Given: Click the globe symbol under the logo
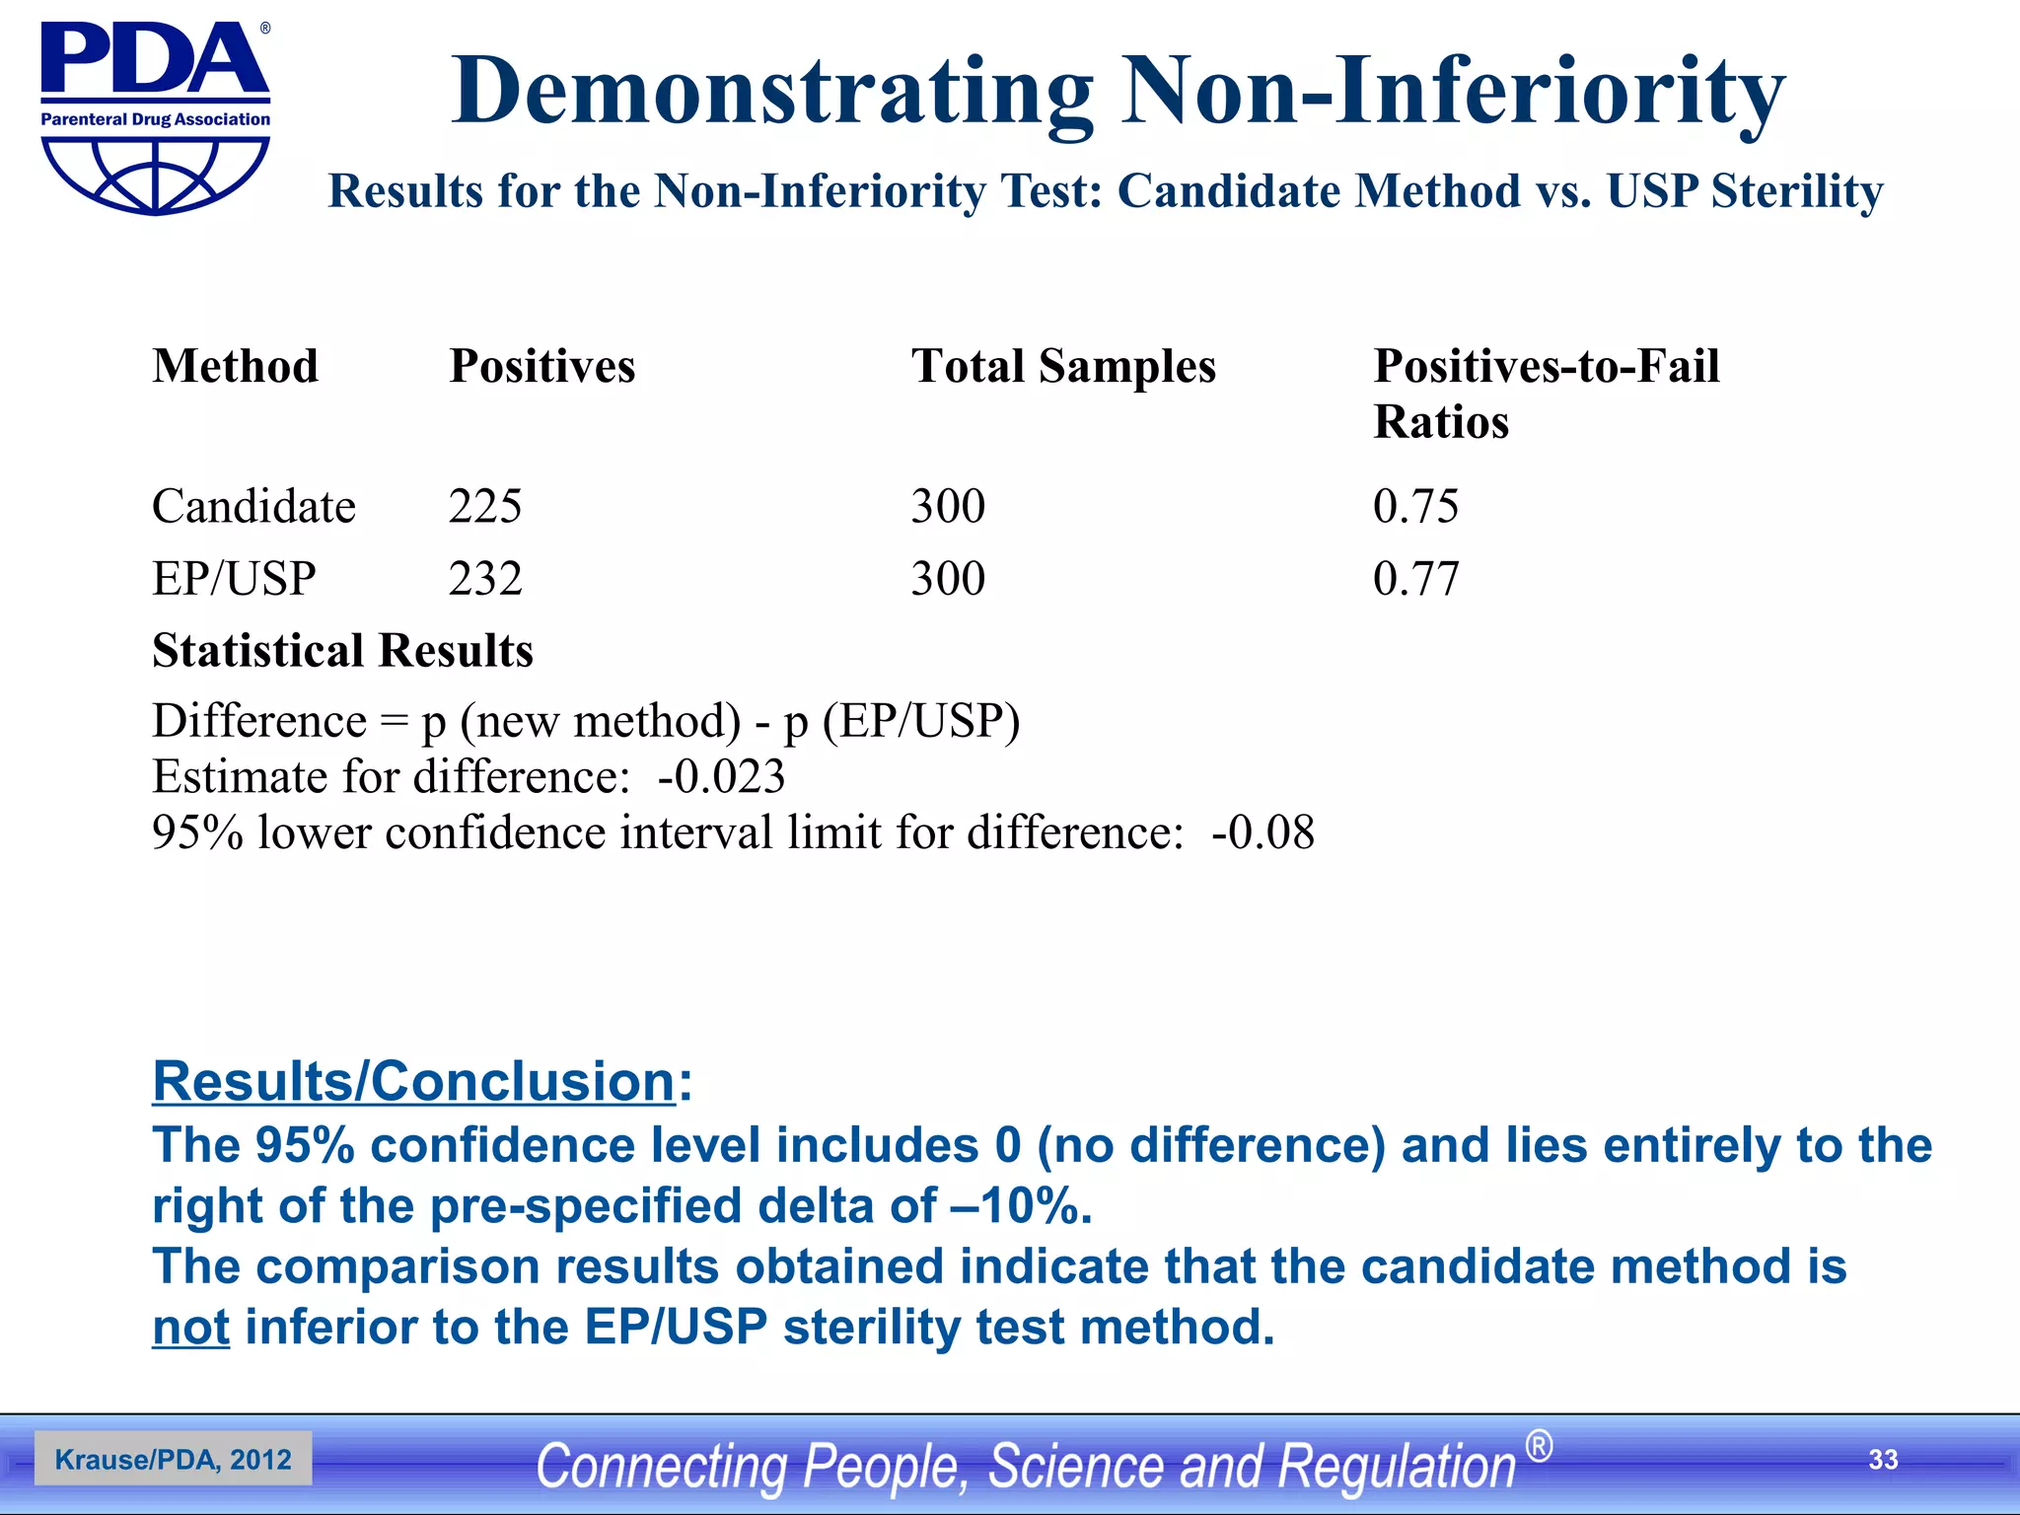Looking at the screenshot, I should point(155,175).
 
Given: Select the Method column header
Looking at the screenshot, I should point(235,366).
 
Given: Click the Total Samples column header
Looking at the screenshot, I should point(1062,366).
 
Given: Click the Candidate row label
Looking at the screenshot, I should point(253,506).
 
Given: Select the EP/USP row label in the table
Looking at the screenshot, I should point(234,578).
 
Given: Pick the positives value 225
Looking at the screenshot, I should point(484,506).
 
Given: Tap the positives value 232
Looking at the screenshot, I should point(484,578).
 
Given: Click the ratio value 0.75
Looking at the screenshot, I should point(1414,506).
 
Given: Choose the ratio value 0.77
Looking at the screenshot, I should point(1414,578).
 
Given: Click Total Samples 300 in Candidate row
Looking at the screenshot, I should point(947,506).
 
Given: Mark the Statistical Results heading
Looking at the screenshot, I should point(342,651).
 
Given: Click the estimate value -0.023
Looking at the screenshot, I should point(721,776).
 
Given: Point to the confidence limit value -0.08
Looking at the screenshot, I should point(1262,832).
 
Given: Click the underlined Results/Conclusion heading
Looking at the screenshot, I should point(414,1081).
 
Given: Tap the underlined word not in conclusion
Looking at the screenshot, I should point(190,1327).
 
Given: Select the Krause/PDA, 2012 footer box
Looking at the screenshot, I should point(174,1459).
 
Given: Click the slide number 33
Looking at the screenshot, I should point(1883,1459).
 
